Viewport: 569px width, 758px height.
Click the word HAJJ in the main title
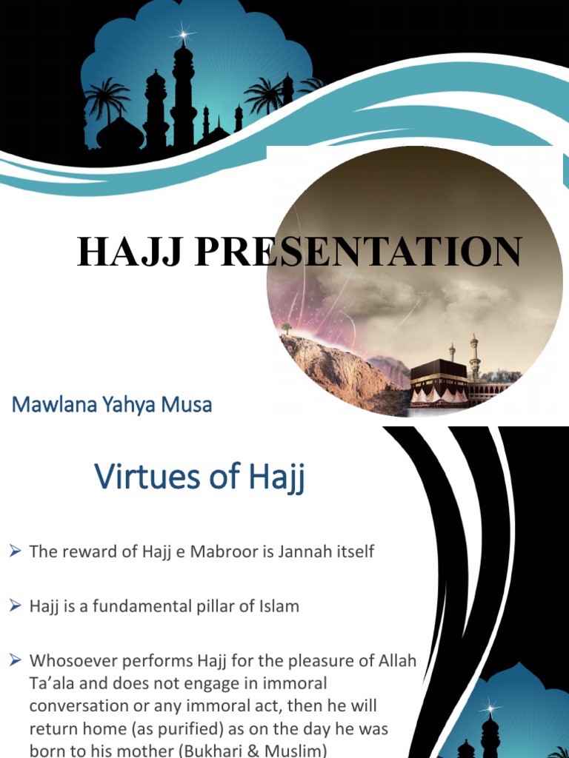pos(125,252)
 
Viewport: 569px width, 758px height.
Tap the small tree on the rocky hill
pos(286,327)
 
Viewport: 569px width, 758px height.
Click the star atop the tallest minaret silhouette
pos(182,33)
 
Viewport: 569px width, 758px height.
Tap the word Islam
pos(273,606)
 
